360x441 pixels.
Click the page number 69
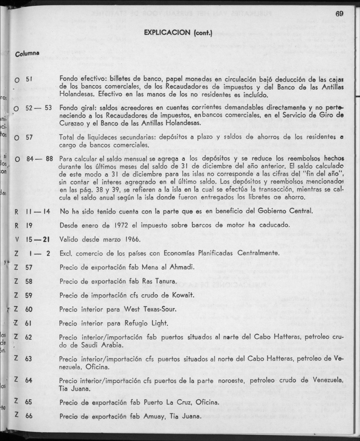point(339,14)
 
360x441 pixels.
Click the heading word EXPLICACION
point(168,33)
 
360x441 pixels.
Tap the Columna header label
point(27,54)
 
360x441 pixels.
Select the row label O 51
point(23,79)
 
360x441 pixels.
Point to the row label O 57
point(23,138)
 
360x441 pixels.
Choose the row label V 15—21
point(32,239)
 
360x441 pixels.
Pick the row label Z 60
point(23,309)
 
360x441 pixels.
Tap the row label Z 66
point(23,416)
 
